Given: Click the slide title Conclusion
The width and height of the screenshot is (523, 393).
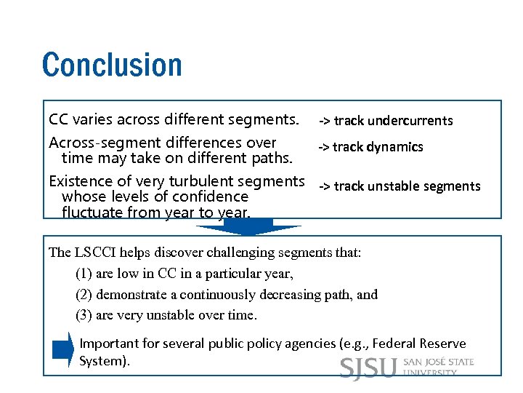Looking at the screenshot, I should pyautogui.click(x=112, y=64).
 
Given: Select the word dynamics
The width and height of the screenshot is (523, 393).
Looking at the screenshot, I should pyautogui.click(x=395, y=147).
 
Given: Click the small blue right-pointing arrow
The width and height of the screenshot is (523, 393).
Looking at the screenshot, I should pyautogui.click(x=63, y=351).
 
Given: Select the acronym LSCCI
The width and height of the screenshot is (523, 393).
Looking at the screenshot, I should pyautogui.click(x=95, y=253).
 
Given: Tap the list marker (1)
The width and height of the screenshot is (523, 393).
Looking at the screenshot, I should pyautogui.click(x=84, y=274).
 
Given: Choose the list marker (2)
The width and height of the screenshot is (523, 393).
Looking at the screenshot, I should pyautogui.click(x=84, y=295).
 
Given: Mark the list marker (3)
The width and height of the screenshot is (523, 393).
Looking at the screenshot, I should pyautogui.click(x=84, y=315).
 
